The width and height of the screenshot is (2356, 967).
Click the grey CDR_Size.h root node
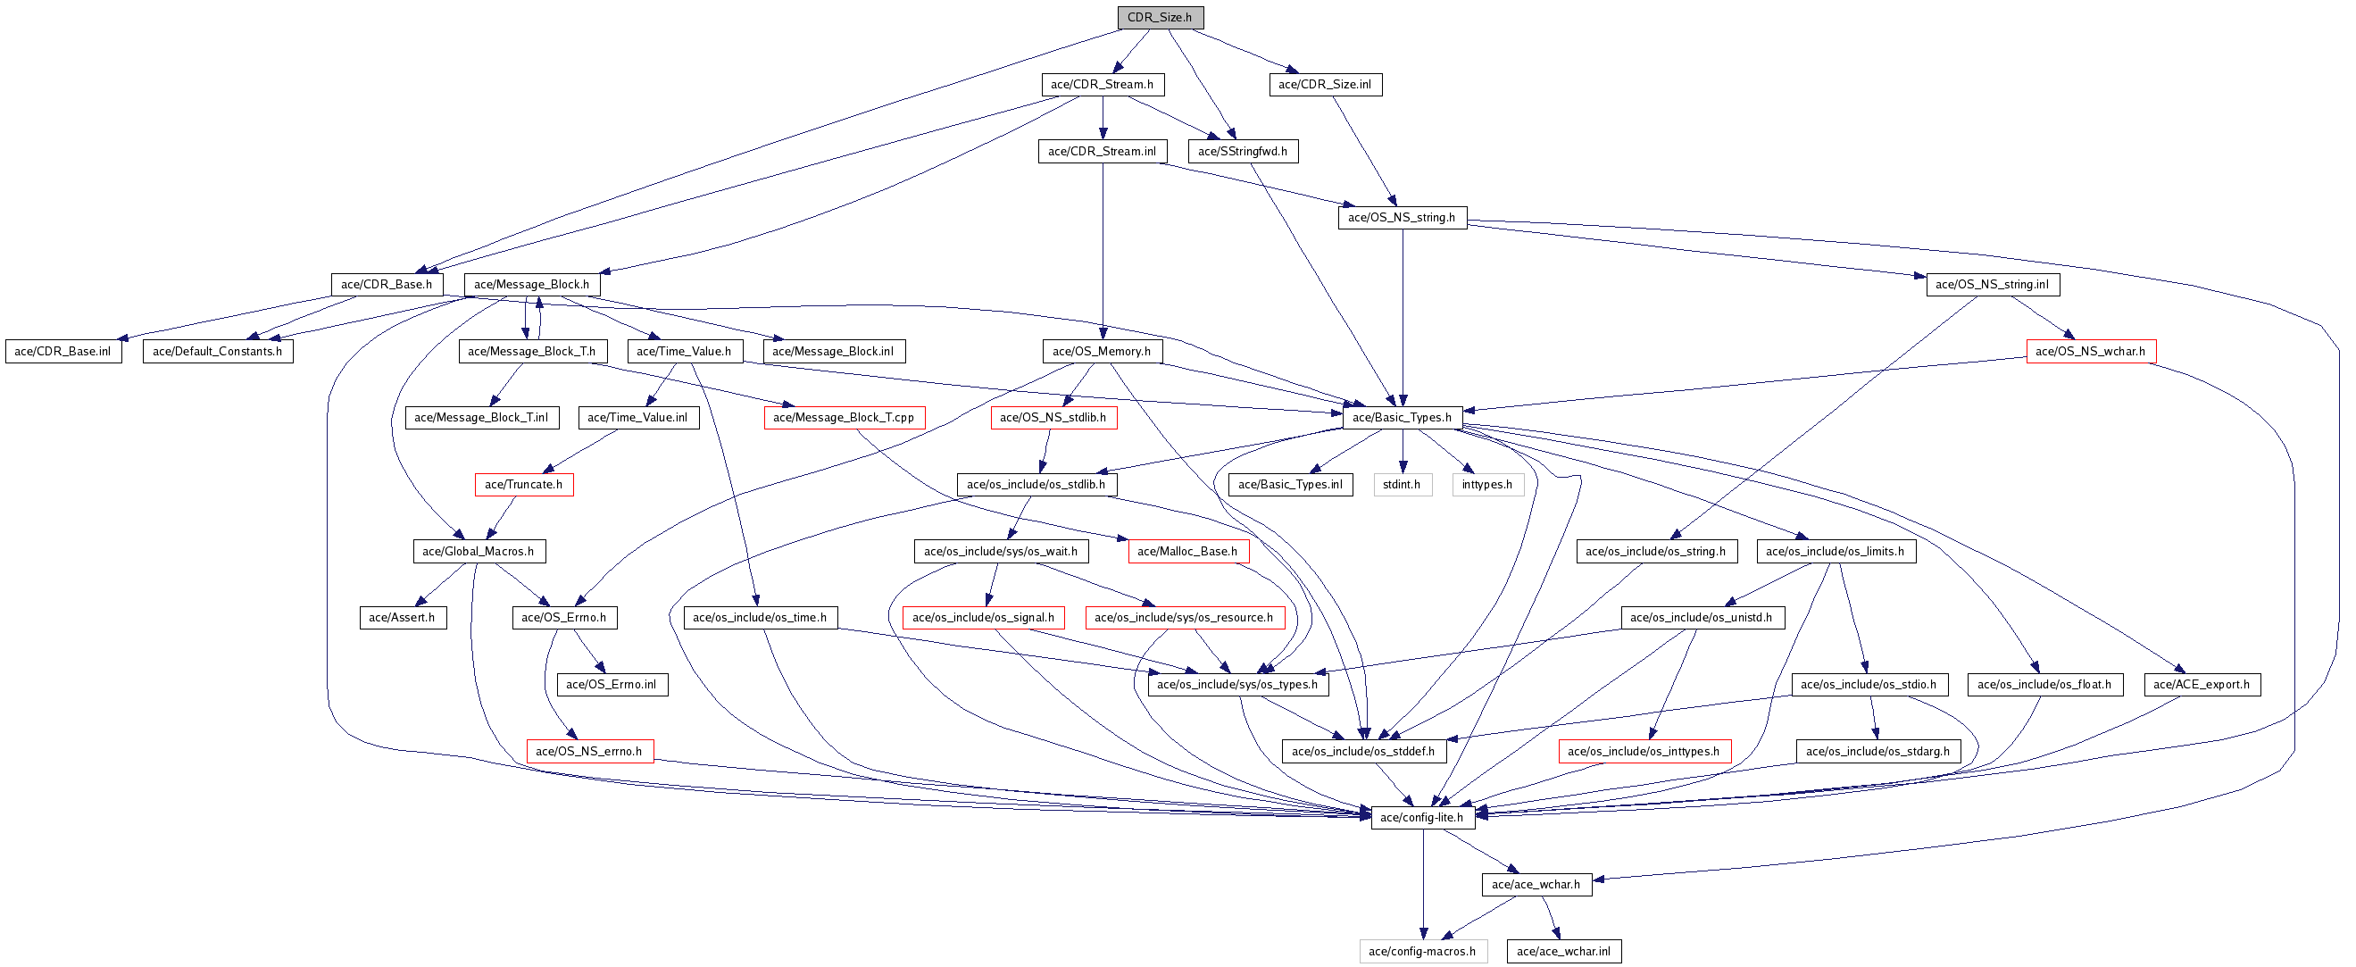pyautogui.click(x=1159, y=17)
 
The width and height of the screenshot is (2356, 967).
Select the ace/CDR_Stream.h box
pyautogui.click(x=1102, y=84)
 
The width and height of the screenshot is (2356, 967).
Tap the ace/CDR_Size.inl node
pyautogui.click(x=1324, y=84)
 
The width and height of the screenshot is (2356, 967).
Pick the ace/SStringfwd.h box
pyautogui.click(x=1242, y=151)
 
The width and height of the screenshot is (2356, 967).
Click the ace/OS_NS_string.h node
pyautogui.click(x=1401, y=218)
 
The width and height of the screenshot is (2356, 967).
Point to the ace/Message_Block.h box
pyautogui.click(x=531, y=285)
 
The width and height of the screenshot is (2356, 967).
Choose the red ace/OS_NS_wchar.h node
pyautogui.click(x=2090, y=351)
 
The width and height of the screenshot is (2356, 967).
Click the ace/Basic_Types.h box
pyautogui.click(x=1402, y=417)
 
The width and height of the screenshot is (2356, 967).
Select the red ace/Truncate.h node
pyautogui.click(x=523, y=484)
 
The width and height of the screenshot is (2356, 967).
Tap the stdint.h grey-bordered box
pyautogui.click(x=1401, y=484)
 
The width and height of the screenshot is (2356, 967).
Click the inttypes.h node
pyautogui.click(x=1486, y=484)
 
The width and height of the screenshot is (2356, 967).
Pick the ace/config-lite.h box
pyautogui.click(x=1421, y=818)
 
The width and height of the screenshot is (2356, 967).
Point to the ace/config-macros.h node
pyautogui.click(x=1422, y=952)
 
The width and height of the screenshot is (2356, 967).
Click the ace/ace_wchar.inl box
pyautogui.click(x=1563, y=952)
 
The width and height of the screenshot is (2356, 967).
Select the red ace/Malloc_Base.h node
pyautogui.click(x=1187, y=551)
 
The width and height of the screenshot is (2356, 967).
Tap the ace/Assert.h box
pyautogui.click(x=402, y=618)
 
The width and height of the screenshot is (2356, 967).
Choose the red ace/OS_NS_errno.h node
pyautogui.click(x=589, y=751)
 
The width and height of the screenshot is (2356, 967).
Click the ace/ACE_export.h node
pyautogui.click(x=2201, y=684)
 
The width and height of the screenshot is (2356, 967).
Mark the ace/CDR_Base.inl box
pyautogui.click(x=62, y=351)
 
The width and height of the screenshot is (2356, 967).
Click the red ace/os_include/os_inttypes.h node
pyautogui.click(x=1644, y=751)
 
